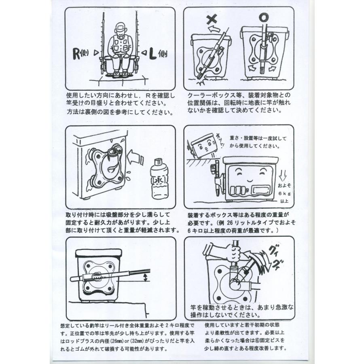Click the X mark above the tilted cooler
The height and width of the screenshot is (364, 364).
point(212,19)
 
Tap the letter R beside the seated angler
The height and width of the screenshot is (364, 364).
point(76,54)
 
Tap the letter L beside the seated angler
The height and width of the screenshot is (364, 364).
point(152,54)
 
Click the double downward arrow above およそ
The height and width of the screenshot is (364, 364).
point(283,176)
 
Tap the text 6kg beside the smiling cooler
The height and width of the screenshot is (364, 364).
point(284,193)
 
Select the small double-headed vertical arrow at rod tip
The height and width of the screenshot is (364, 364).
point(145,277)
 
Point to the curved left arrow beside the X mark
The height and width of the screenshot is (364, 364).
point(214,29)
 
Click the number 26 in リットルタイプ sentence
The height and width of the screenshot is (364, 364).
point(230,223)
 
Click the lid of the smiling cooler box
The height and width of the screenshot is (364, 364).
point(250,160)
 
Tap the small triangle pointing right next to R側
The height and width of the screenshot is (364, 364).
point(96,53)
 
